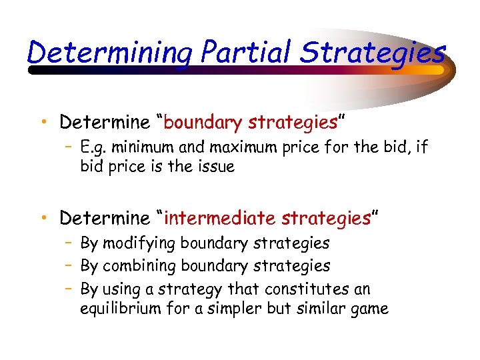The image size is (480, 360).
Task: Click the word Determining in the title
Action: pos(107,52)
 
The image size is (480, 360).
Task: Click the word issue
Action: pos(213,167)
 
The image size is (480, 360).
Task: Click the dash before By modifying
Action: pos(69,244)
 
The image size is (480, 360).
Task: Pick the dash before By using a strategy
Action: pos(69,289)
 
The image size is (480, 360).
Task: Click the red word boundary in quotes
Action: pos(203,123)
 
